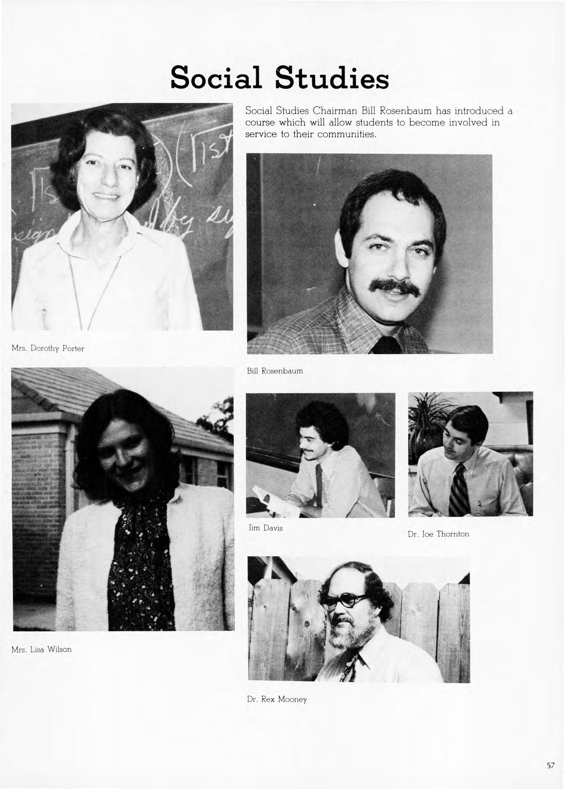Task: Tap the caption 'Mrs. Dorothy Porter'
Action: coord(47,349)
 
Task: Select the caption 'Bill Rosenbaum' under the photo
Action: coord(275,371)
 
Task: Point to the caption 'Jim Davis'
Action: coord(266,528)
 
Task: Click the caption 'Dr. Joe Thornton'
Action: coord(438,534)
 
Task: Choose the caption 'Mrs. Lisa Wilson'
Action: coord(41,649)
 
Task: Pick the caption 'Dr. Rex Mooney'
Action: coord(277,699)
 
